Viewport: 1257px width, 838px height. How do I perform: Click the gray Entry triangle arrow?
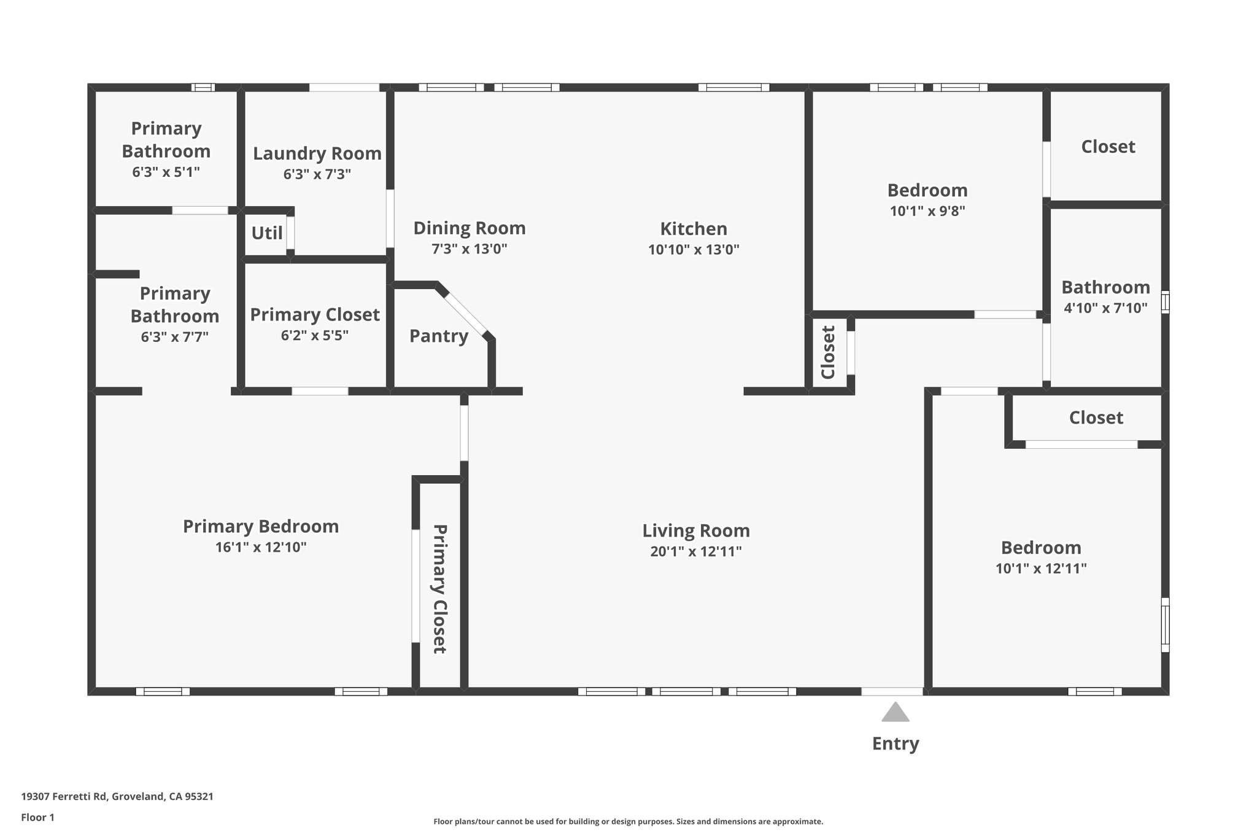(895, 713)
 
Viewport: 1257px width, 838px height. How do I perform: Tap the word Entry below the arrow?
(895, 743)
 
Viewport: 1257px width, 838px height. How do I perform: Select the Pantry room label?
(438, 336)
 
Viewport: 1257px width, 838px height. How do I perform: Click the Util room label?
(267, 233)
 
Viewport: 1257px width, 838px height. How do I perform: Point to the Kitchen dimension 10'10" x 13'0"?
(694, 250)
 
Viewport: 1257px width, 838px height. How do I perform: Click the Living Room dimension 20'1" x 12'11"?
(696, 552)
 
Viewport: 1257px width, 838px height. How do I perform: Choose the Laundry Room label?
(317, 153)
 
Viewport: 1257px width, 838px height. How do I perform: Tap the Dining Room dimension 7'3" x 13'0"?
(469, 249)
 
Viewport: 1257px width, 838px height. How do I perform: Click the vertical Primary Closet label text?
(439, 588)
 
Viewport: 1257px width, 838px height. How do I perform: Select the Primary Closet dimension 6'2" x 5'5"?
(314, 336)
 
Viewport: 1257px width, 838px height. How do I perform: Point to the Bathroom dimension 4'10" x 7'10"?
(1105, 308)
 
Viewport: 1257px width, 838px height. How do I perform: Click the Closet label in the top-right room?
(1108, 147)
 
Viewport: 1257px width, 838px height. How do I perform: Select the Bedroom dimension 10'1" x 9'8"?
(927, 211)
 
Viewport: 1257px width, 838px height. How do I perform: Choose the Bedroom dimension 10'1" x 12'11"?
(1041, 568)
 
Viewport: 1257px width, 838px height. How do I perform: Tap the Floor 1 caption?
(37, 817)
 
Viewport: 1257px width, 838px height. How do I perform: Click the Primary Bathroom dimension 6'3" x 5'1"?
(166, 172)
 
